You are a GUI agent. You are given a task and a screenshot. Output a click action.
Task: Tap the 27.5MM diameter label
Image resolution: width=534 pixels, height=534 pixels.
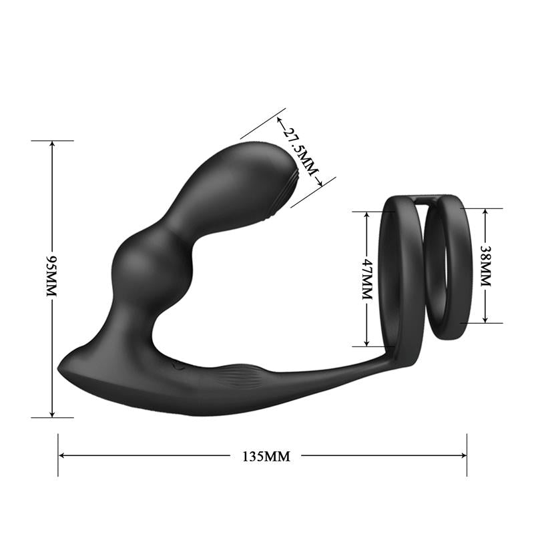[x=298, y=150]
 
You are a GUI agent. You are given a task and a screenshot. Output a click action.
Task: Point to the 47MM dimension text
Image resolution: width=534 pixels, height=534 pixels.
[x=366, y=279]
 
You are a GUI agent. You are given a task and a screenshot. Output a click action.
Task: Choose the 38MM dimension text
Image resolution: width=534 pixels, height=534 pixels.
[x=485, y=266]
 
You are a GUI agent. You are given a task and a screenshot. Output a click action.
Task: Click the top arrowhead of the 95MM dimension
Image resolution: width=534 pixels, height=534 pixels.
[x=52, y=145]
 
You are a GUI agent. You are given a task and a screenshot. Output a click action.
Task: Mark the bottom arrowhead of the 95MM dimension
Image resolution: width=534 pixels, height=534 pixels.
[x=52, y=414]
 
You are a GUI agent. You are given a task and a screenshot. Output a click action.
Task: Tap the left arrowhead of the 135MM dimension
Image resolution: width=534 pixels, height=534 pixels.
[x=62, y=456]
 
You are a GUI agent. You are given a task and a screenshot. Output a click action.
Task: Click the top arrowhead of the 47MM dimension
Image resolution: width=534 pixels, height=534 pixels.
[x=366, y=216]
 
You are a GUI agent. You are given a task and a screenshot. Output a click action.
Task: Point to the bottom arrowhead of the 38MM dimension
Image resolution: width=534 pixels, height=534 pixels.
[x=485, y=319]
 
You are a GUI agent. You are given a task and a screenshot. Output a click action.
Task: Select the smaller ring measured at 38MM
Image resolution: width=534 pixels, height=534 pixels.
[x=449, y=267]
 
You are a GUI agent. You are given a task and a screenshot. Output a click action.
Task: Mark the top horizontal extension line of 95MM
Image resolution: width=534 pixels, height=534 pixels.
[x=52, y=141]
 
